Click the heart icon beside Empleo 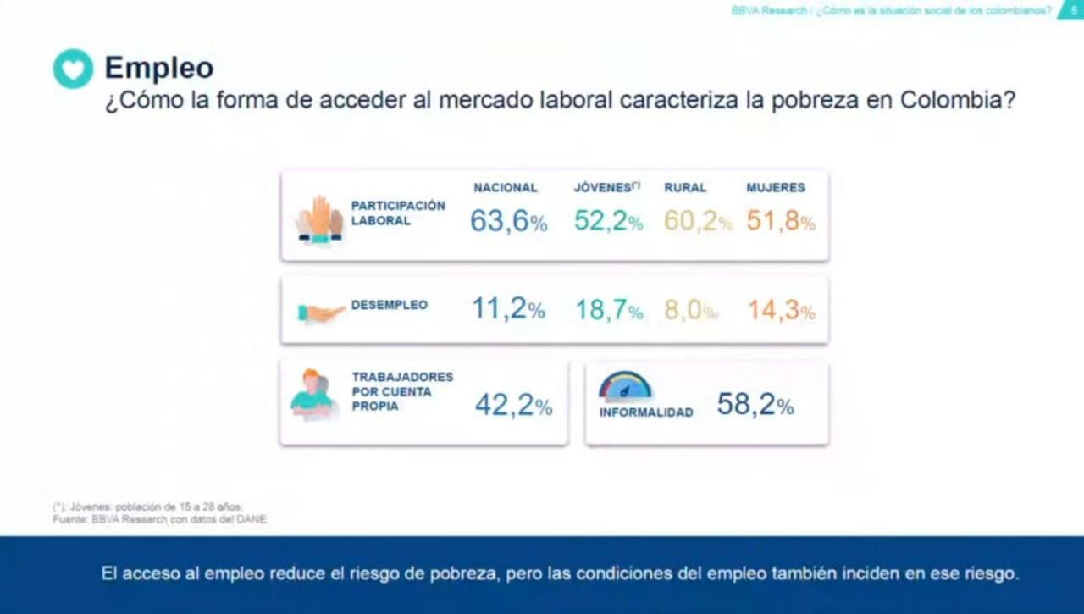click(73, 69)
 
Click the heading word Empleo click(158, 68)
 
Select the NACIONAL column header click(506, 188)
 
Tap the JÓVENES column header click(606, 188)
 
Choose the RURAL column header click(685, 188)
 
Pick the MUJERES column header click(776, 188)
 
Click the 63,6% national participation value click(509, 222)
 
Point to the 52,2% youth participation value click(608, 222)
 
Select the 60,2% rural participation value click(698, 222)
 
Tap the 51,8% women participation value click(781, 222)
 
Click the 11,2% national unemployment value click(508, 310)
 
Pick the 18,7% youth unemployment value click(609, 311)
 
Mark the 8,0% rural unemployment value click(690, 311)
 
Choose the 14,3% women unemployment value click(781, 311)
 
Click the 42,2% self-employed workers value click(513, 406)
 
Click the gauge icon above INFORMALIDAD click(625, 387)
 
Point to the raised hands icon click(319, 220)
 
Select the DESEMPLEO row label click(389, 305)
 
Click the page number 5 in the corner click(1073, 10)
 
